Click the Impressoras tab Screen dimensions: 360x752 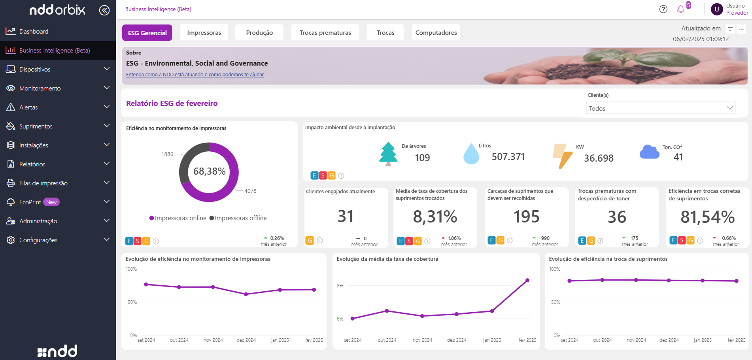204,33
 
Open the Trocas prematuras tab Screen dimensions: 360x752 325,33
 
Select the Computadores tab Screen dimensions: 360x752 436,33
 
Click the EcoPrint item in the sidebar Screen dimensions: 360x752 30,202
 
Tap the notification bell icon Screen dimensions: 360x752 680,9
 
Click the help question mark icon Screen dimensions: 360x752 663,9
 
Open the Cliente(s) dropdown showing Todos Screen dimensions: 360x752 660,108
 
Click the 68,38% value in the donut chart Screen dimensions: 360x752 209,171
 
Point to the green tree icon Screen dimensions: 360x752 388,154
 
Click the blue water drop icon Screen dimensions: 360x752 471,154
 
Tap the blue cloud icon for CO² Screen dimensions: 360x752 649,152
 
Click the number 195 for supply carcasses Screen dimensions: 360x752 526,217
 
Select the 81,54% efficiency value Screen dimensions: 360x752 707,217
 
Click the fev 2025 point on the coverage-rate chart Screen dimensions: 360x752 527,280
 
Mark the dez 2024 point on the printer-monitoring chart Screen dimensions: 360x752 246,294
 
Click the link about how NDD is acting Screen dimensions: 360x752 195,75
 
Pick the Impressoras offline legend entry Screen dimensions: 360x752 238,218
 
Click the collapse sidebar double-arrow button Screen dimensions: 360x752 104,10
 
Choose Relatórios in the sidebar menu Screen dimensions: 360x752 32,164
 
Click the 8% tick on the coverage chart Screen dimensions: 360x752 340,286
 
